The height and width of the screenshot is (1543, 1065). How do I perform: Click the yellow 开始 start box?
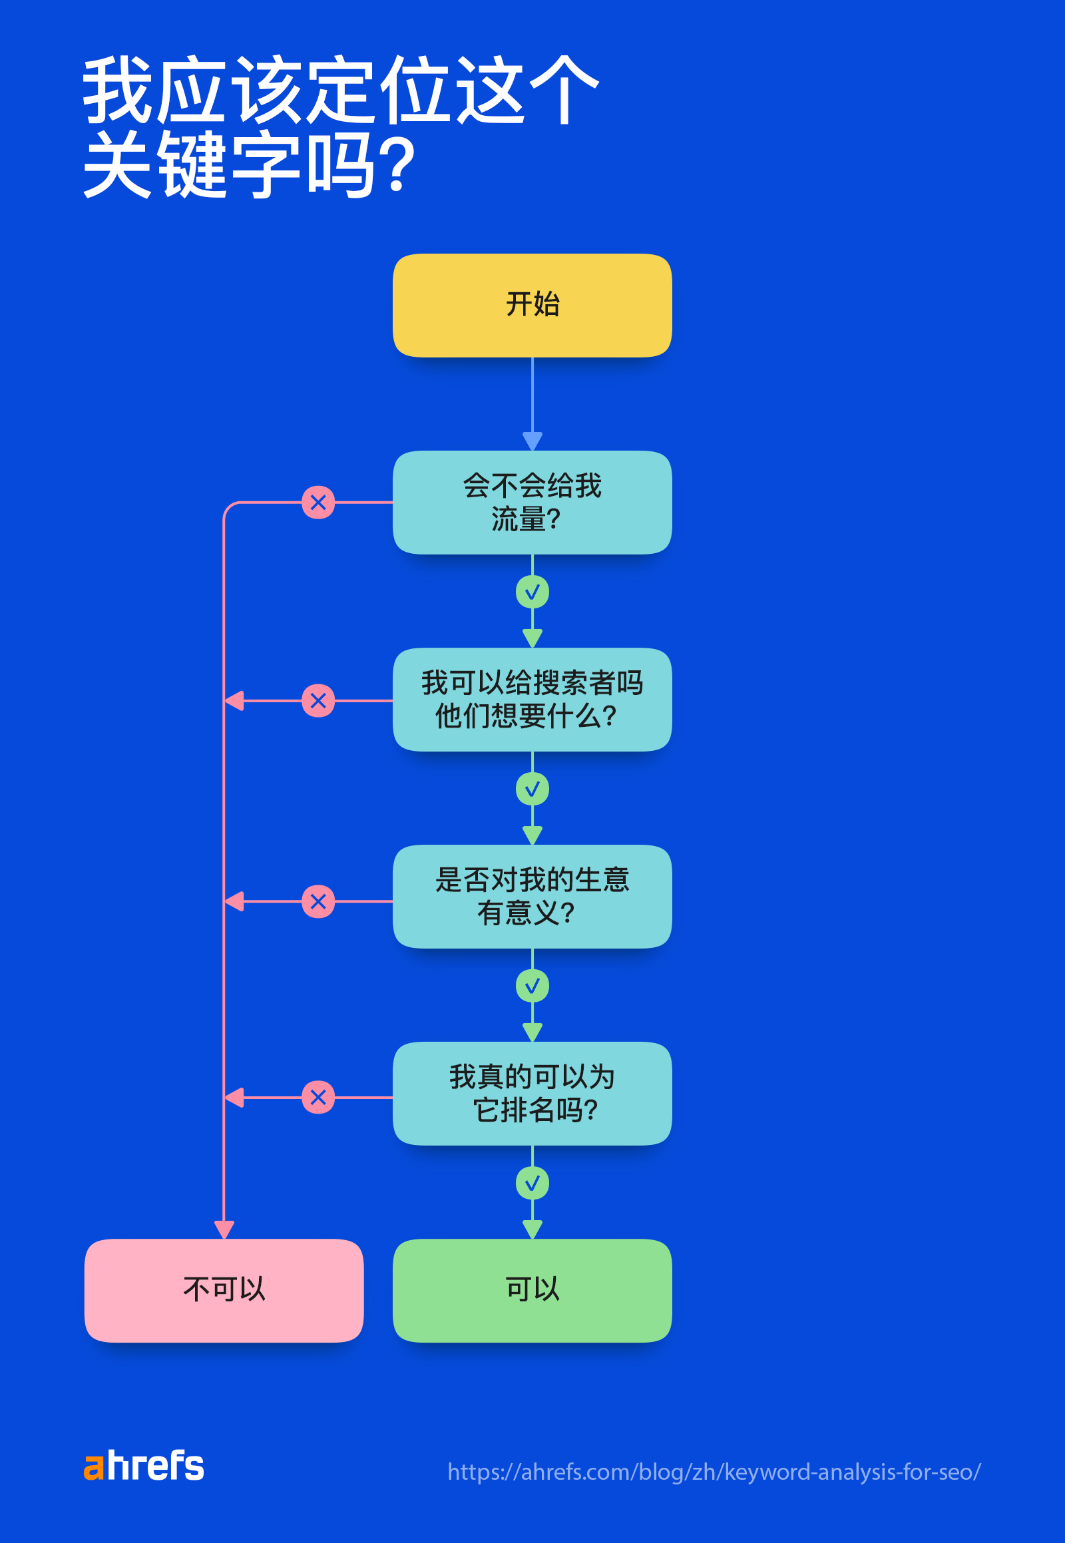(x=532, y=305)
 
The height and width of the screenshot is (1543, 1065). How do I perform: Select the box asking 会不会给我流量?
(x=532, y=502)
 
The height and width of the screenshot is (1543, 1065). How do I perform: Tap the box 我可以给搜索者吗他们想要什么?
(x=532, y=699)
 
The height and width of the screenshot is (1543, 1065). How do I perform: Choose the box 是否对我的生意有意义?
(x=532, y=896)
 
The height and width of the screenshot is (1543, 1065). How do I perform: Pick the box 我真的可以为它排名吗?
(x=532, y=1093)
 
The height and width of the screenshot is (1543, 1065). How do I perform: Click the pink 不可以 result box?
(x=224, y=1290)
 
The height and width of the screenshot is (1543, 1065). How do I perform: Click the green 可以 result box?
(x=532, y=1290)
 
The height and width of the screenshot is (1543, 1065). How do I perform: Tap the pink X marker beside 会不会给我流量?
(x=318, y=503)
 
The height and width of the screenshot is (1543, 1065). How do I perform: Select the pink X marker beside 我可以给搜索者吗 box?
(x=318, y=701)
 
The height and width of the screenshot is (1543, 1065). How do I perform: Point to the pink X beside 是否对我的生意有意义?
(x=318, y=902)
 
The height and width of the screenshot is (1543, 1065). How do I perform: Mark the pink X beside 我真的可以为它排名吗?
(x=318, y=1097)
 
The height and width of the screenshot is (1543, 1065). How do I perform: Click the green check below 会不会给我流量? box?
(x=532, y=592)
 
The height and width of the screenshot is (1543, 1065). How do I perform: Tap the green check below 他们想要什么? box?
(x=532, y=789)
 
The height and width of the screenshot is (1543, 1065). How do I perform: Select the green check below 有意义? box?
(x=532, y=986)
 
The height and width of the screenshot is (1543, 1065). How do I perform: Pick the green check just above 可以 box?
(x=532, y=1184)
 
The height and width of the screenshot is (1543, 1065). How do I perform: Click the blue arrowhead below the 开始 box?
(x=532, y=441)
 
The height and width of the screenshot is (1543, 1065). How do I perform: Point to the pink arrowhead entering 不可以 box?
(x=224, y=1229)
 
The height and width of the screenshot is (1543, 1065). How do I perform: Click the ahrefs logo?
(x=144, y=1466)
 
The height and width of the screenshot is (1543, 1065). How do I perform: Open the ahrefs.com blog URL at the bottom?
(x=714, y=1472)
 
